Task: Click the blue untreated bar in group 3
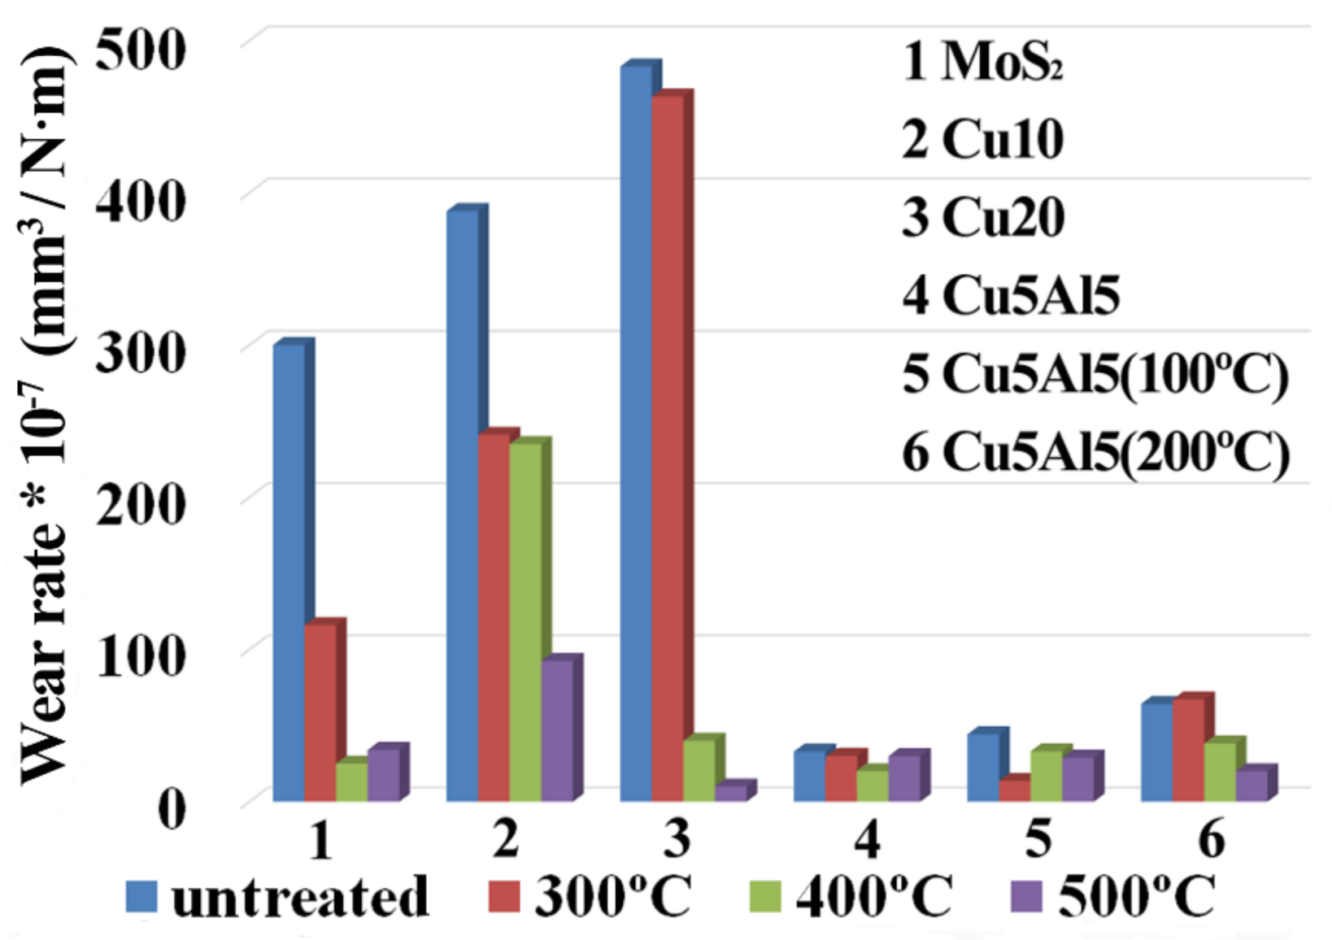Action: coord(636,431)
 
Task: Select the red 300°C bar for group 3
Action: coord(668,447)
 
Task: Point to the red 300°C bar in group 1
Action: coord(320,712)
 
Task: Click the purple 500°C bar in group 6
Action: coord(1251,786)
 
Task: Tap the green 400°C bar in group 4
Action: coord(873,786)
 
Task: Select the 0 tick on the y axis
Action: coord(172,808)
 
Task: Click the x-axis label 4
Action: coord(867,838)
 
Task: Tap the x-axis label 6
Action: coord(1212,838)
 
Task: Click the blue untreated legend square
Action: coord(141,897)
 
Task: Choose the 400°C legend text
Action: coord(873,896)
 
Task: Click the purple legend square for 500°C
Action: coord(1026,897)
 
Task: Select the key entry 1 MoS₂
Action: coord(983,61)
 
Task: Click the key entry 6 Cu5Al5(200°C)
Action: coord(1095,452)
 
